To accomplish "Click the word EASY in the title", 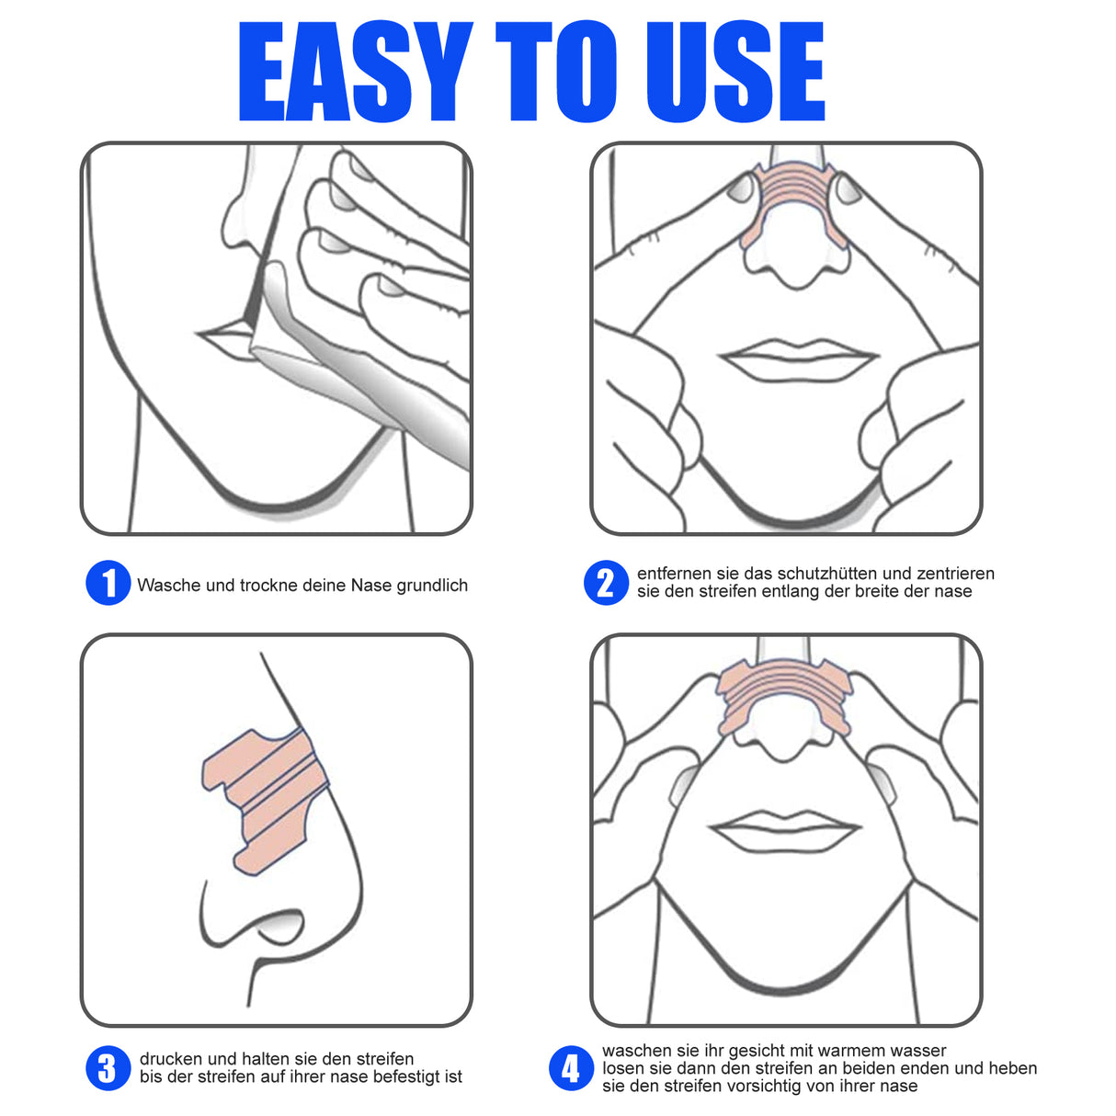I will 354,72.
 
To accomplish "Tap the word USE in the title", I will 735,72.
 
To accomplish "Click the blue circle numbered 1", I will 108,584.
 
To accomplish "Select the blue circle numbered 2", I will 606,583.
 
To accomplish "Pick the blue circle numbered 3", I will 108,1068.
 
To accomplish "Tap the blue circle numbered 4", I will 571,1068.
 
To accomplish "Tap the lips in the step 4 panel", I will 786,831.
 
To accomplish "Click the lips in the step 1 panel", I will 225,340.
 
